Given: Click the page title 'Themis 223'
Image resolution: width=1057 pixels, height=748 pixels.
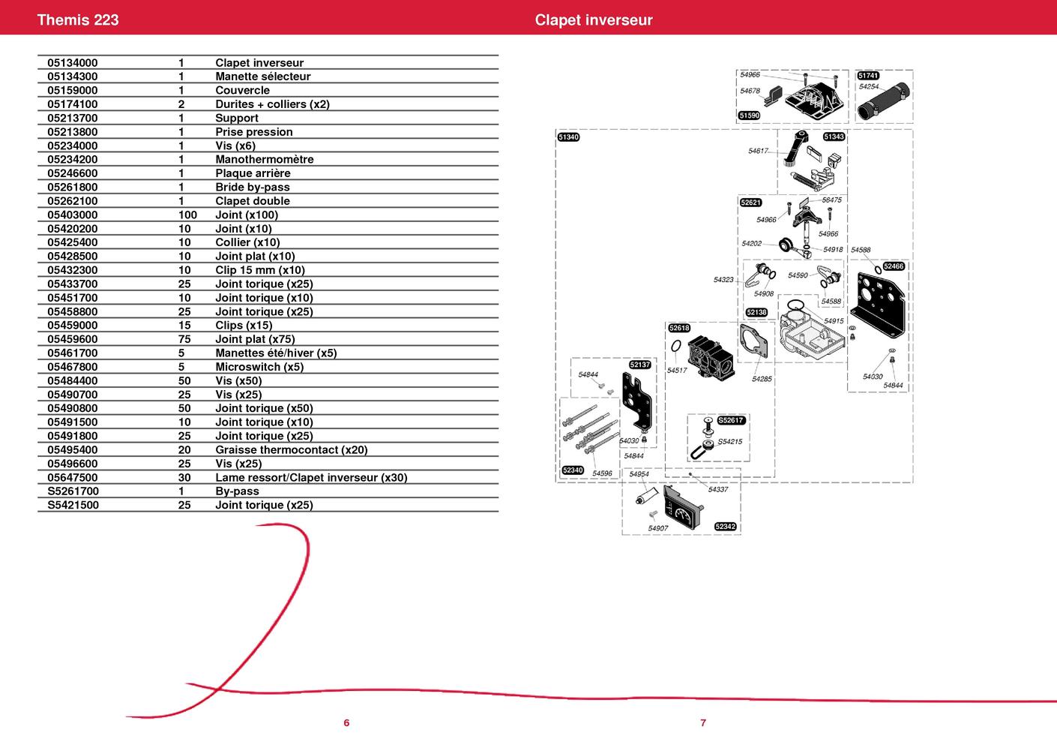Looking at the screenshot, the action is click(78, 20).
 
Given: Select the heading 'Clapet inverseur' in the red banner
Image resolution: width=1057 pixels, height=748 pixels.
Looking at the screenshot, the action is click(594, 20).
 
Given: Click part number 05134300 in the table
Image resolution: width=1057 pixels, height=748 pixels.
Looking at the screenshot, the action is click(73, 77).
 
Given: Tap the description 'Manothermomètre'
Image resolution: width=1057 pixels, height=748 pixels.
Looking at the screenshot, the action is click(264, 159).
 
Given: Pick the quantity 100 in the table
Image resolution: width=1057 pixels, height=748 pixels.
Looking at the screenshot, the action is click(187, 215).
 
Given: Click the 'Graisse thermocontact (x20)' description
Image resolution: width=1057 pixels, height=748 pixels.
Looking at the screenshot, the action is click(291, 449).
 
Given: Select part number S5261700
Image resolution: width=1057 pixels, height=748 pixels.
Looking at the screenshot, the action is click(73, 491).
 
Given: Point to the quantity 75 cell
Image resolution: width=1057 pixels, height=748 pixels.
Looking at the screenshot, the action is click(184, 339).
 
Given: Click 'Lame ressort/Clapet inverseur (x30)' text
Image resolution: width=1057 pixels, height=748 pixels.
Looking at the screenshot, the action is click(311, 477).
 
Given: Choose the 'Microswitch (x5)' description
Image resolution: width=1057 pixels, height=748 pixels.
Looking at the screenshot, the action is click(259, 367).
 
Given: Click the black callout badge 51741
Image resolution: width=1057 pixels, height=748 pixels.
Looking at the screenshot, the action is click(868, 76).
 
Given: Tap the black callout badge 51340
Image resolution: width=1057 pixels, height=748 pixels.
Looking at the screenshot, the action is click(569, 137).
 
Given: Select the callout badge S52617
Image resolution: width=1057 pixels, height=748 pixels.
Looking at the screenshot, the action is click(731, 420).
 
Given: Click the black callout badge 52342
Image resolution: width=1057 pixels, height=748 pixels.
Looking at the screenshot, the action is click(725, 527).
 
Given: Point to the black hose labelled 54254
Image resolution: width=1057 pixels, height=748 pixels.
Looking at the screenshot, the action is click(883, 101).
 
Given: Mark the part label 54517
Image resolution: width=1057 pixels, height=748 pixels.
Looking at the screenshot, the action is click(677, 370).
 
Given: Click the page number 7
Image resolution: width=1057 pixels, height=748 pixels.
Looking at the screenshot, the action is click(703, 722).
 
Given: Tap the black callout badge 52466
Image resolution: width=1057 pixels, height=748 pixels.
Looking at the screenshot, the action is click(894, 266).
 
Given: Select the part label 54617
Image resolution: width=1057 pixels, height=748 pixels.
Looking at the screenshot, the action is click(759, 151).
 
